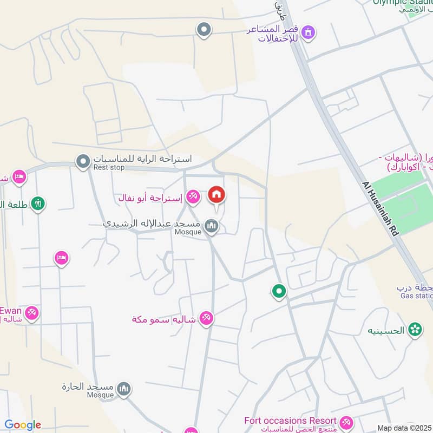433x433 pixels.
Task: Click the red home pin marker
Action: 216,195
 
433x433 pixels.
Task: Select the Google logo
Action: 23,425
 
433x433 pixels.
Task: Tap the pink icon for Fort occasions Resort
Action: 346,422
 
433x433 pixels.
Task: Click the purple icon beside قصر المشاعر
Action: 308,32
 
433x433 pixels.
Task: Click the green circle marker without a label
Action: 279,292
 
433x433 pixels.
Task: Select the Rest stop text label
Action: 109,168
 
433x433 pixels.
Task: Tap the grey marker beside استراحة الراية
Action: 83,161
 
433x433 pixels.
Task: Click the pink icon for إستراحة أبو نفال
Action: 193,198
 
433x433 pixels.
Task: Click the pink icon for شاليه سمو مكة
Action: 206,318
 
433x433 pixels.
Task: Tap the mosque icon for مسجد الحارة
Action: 124,390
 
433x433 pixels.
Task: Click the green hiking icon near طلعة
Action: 38,204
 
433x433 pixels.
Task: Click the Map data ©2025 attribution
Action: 403,428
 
